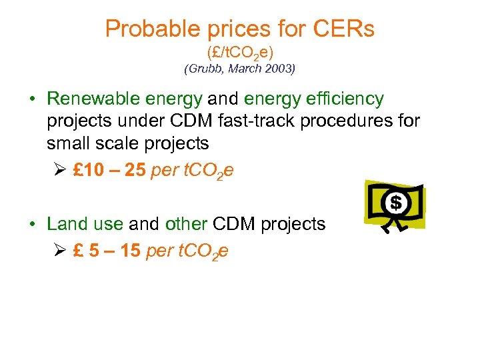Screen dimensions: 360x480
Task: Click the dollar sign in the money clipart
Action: point(395,201)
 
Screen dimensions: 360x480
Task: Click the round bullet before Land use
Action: point(33,225)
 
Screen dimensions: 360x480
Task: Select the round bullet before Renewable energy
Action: point(33,100)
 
